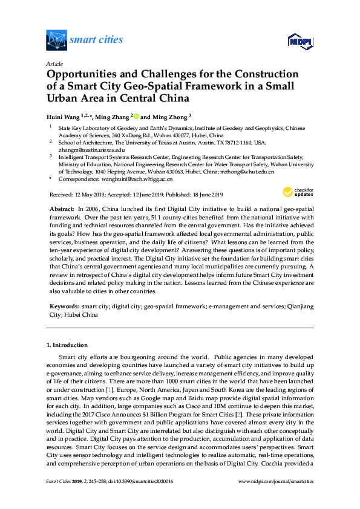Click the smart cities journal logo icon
tap(56, 40)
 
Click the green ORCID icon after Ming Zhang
tap(136, 116)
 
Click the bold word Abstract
tap(61, 207)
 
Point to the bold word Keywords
tap(64, 307)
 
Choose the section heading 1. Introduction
tap(67, 345)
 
